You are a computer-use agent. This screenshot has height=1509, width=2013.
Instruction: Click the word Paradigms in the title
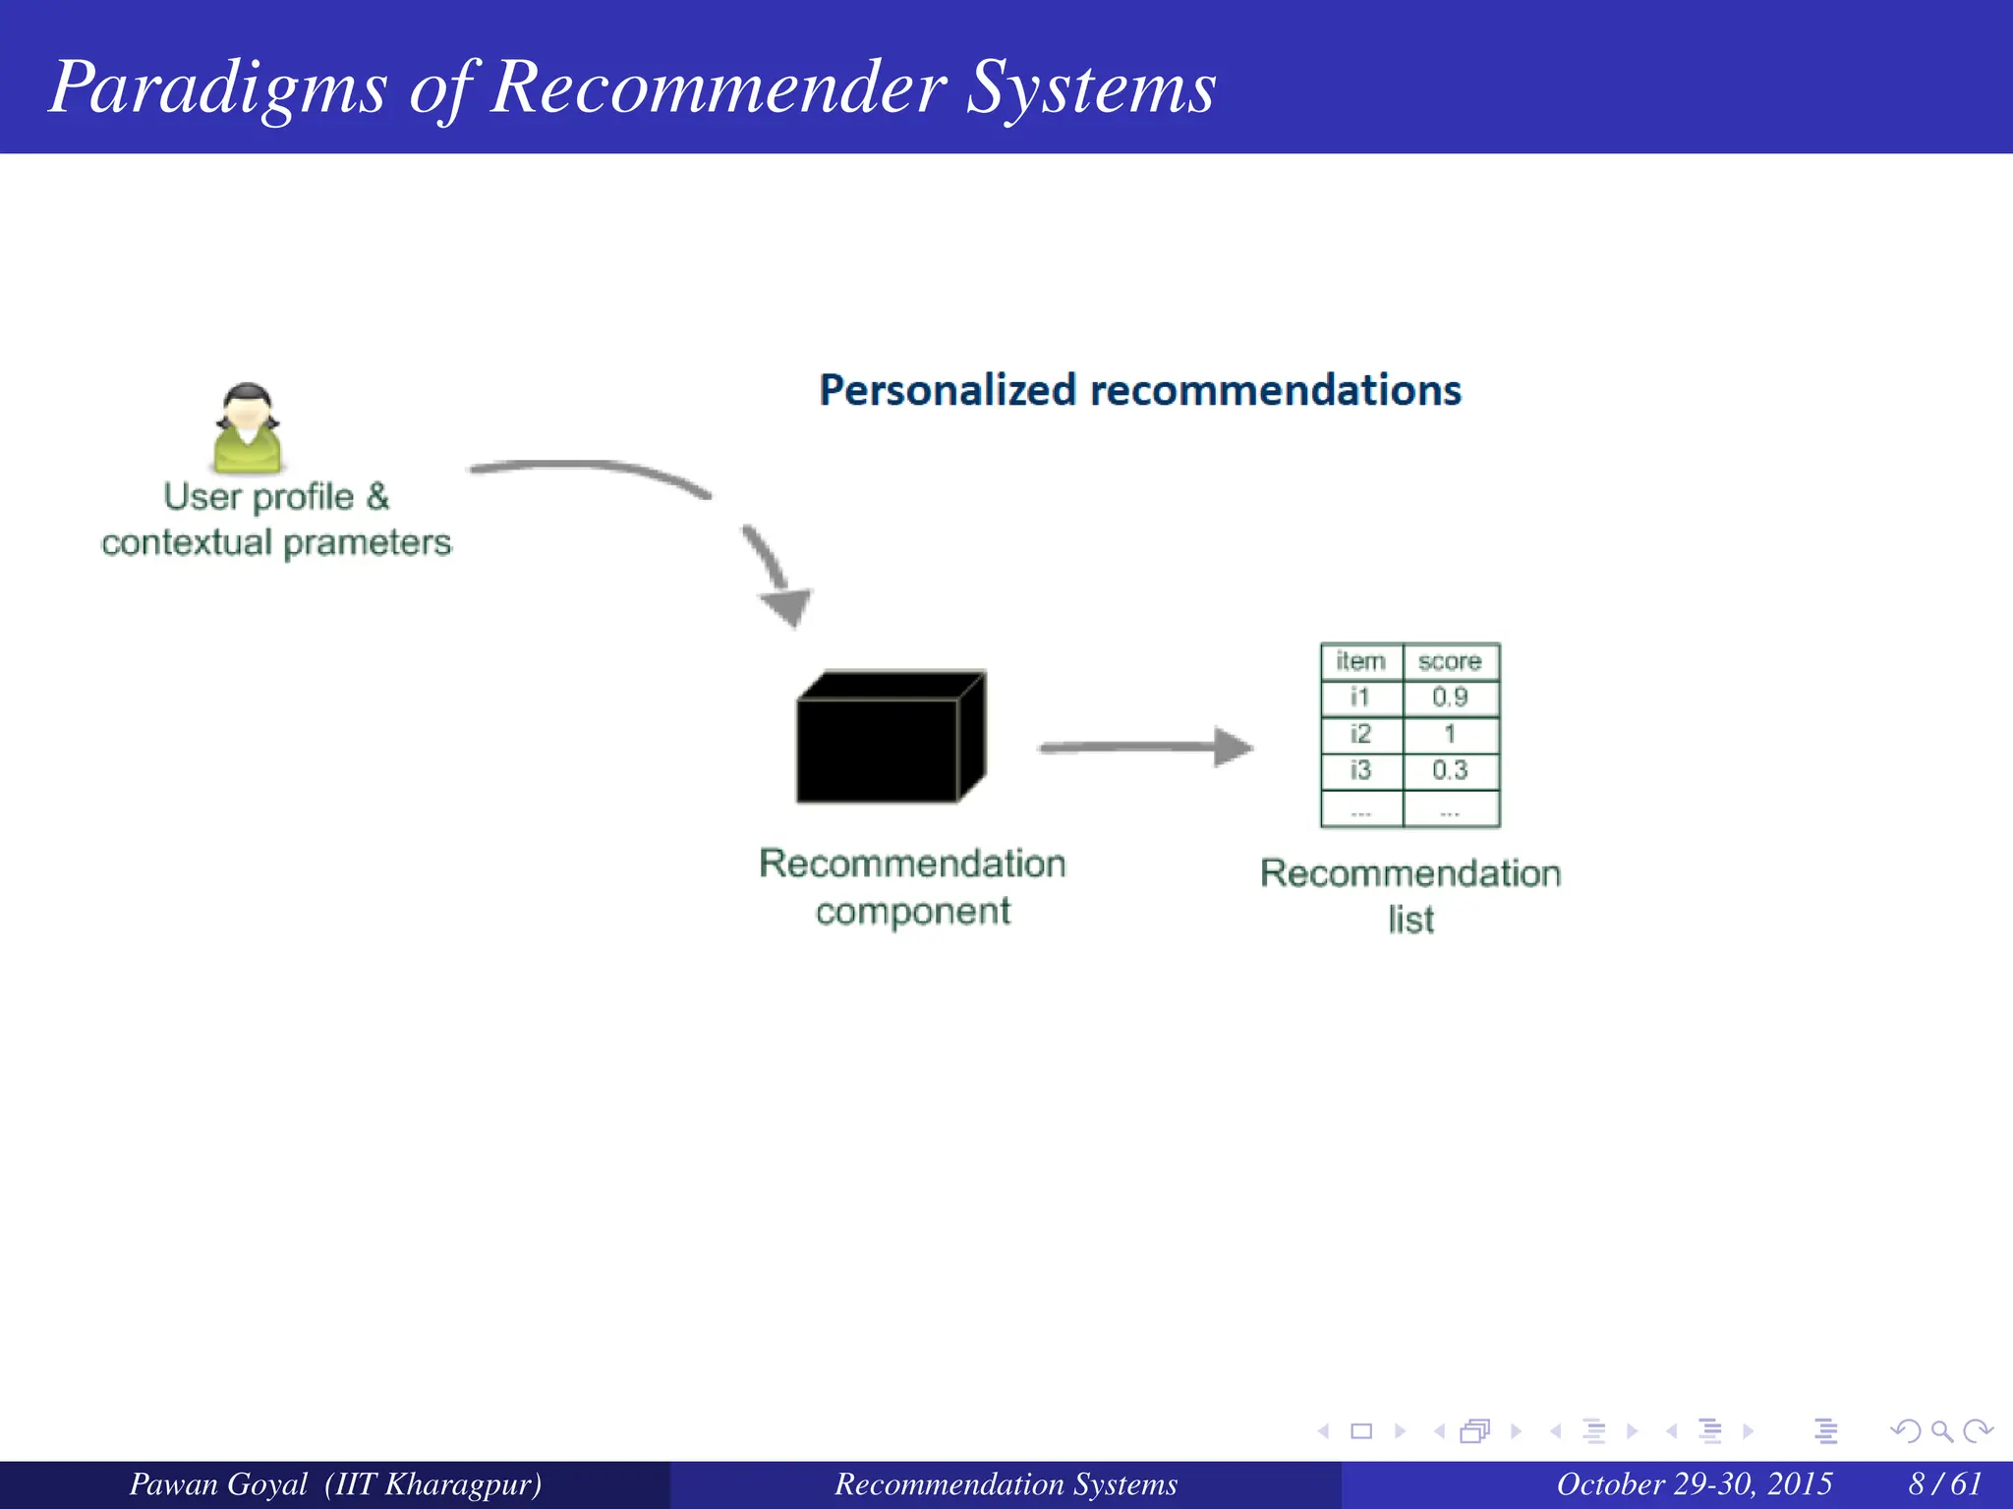(x=218, y=88)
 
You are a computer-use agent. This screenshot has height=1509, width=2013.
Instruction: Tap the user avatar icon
(x=248, y=428)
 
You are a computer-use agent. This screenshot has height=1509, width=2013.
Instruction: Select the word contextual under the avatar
(x=187, y=542)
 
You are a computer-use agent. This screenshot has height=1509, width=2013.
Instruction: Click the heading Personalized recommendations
(x=1140, y=390)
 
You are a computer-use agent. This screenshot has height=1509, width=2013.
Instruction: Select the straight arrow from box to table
(x=1145, y=748)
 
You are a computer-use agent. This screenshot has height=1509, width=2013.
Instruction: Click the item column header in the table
(x=1360, y=661)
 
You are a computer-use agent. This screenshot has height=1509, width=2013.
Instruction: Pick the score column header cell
(x=1450, y=661)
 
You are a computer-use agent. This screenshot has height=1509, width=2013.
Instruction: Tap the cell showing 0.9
(x=1450, y=698)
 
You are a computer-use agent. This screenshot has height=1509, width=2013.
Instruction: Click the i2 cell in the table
(x=1360, y=734)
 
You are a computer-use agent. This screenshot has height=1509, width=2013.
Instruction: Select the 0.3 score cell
(x=1450, y=770)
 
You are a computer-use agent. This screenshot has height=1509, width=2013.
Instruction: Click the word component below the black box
(x=912, y=912)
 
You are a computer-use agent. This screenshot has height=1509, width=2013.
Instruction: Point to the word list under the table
(x=1410, y=921)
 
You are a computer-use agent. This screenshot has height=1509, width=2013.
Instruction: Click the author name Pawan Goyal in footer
(x=218, y=1483)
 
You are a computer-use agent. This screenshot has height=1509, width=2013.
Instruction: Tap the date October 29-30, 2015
(x=1694, y=1483)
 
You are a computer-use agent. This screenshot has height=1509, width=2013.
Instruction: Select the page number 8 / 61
(x=1945, y=1483)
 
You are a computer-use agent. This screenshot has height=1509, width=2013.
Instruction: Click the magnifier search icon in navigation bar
(x=1941, y=1431)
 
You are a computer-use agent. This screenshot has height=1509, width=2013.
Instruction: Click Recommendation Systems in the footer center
(x=1006, y=1483)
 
